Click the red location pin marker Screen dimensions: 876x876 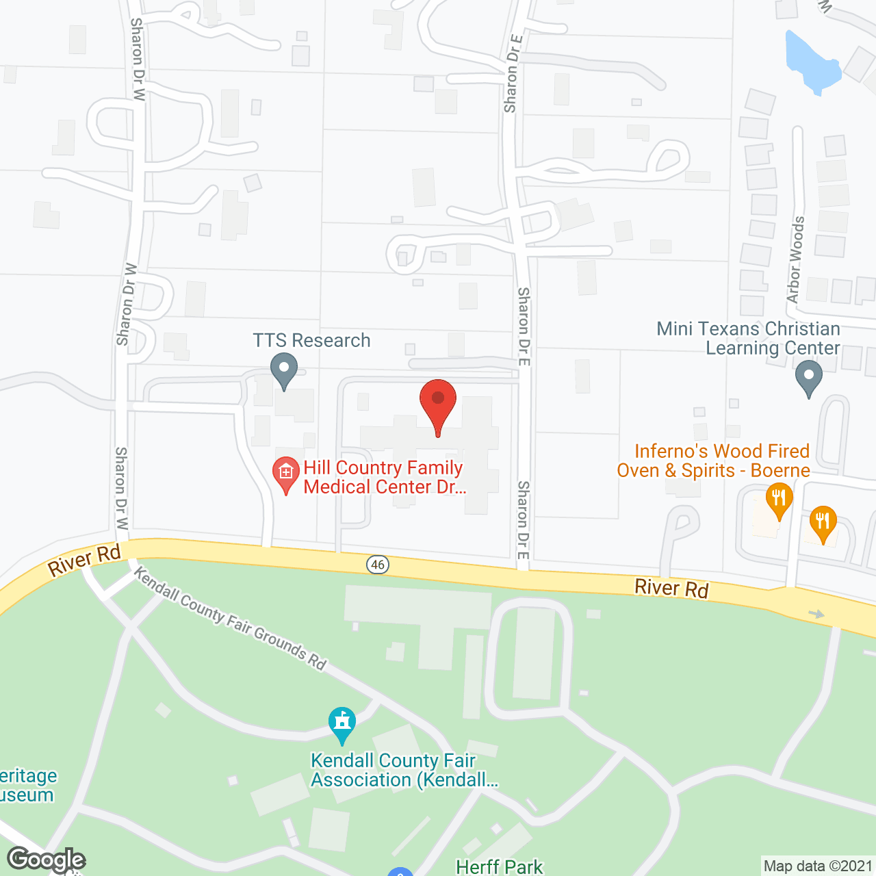[x=437, y=404]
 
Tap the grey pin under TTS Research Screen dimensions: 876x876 [x=283, y=370]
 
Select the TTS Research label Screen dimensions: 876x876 [x=311, y=340]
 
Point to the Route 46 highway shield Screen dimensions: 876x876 [x=378, y=565]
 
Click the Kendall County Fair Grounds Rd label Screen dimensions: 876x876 [x=230, y=617]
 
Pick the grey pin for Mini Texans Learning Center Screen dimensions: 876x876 [x=809, y=378]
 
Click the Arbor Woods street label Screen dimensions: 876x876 [x=795, y=260]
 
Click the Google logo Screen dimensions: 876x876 [x=47, y=859]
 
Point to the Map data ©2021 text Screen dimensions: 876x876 [x=818, y=866]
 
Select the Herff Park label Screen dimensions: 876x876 [x=499, y=867]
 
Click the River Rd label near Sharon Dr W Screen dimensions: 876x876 [x=83, y=560]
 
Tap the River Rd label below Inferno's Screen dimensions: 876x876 [x=671, y=588]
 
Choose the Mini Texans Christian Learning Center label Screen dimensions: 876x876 [x=748, y=338]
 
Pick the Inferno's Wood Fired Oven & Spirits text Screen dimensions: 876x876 [x=713, y=461]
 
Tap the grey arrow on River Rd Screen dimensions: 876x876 [x=816, y=614]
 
